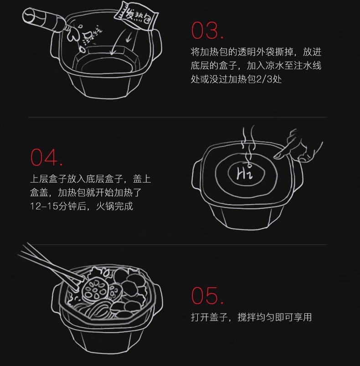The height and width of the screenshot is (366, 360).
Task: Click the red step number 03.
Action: click(x=207, y=30)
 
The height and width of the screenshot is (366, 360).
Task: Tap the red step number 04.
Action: click(x=46, y=158)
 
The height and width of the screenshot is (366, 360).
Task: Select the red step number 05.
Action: click(x=207, y=296)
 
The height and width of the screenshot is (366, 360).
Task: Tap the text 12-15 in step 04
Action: click(x=44, y=206)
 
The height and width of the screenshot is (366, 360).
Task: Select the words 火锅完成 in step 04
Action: click(x=114, y=206)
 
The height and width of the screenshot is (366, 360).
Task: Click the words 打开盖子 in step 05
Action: click(x=209, y=317)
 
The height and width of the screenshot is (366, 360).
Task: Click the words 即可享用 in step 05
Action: click(x=293, y=317)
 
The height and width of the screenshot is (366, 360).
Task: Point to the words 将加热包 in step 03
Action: click(x=209, y=52)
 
